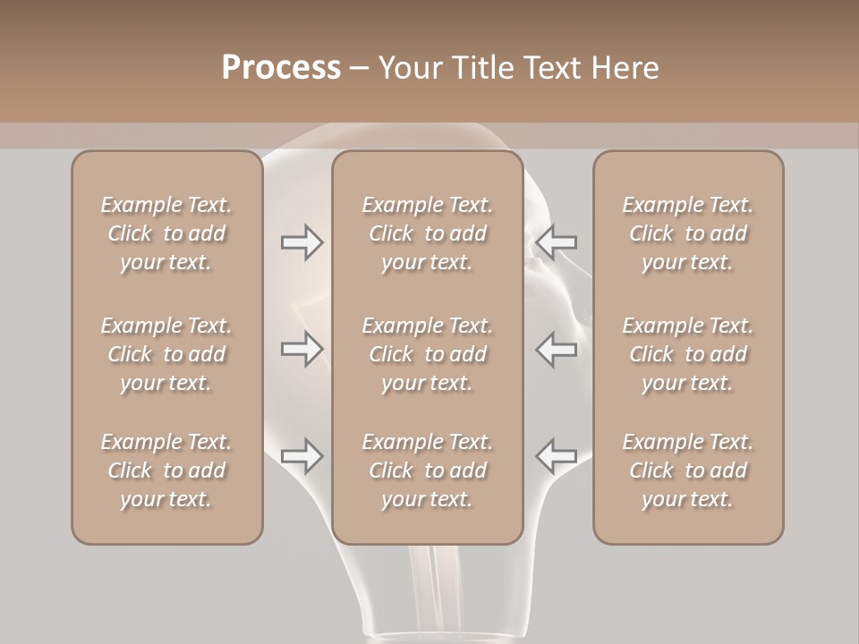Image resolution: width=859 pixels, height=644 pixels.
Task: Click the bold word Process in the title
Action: pos(281,67)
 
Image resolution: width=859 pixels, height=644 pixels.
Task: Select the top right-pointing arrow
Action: pos(302,242)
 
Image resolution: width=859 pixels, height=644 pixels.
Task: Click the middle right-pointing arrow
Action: pos(302,349)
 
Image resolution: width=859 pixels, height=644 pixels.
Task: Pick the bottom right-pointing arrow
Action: pos(302,456)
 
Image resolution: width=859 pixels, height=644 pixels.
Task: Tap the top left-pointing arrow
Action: pos(556,242)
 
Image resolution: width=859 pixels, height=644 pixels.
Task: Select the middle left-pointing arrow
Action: pos(556,349)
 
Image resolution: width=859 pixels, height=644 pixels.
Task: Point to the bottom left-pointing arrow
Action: pos(556,456)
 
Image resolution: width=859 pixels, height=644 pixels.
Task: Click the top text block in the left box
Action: pos(166,233)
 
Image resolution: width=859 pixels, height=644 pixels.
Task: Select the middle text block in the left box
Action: pos(166,354)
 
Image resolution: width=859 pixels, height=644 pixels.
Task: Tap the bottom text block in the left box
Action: pos(166,470)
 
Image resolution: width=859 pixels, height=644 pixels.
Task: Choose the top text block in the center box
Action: pos(427,233)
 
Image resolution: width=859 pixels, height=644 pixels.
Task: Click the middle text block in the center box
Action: pos(427,354)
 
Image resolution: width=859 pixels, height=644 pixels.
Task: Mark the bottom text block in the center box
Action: pos(427,470)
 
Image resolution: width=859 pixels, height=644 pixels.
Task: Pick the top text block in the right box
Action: pos(687,233)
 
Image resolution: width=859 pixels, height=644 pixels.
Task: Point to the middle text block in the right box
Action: pos(687,354)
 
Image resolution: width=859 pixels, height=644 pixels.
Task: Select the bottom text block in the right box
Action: pos(687,470)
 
